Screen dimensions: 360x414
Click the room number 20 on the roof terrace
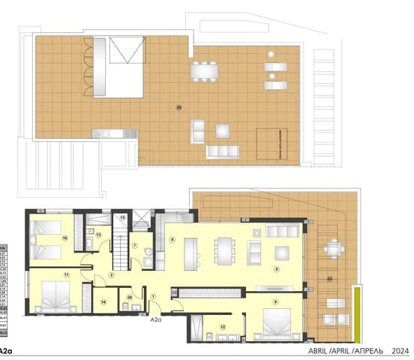178,106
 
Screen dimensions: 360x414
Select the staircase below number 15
121,247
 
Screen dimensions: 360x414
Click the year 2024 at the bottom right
401,349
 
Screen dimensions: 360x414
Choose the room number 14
103,302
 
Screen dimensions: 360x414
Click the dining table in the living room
225,250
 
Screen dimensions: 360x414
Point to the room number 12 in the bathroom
223,326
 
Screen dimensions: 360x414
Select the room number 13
99,234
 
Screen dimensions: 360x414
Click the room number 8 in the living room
276,269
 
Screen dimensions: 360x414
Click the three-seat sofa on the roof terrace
223,151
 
